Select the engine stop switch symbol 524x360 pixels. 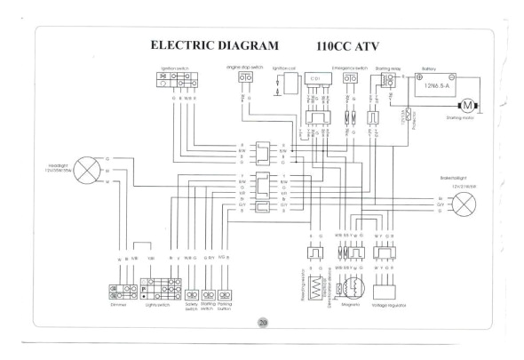[244, 79]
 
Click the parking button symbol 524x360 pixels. [224, 290]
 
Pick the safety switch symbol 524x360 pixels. [190, 290]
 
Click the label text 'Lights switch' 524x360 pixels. [157, 304]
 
